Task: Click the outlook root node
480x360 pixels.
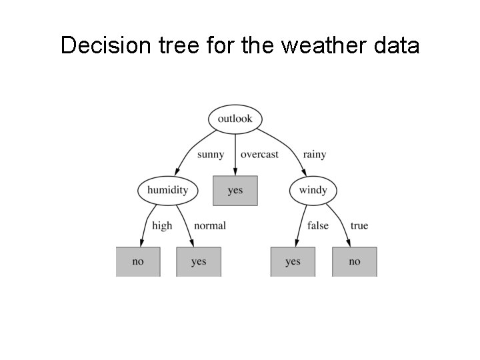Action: pos(235,119)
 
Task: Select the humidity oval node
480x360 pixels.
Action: pos(167,190)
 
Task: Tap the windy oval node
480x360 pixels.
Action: pos(313,190)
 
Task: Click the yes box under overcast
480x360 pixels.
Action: pos(235,190)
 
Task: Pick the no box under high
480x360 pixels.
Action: pos(138,261)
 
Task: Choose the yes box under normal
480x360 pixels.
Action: pos(199,261)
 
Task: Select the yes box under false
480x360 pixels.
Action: pos(293,261)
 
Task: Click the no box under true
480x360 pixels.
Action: pos(355,261)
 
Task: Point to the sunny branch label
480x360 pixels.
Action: pos(211,155)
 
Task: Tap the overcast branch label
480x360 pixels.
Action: pos(259,155)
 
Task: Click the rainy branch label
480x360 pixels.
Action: pos(315,155)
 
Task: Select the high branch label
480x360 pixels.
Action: pos(162,226)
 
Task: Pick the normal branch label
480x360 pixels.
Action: pos(210,226)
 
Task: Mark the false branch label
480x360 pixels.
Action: pos(318,226)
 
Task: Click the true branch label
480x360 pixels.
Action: pos(359,226)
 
